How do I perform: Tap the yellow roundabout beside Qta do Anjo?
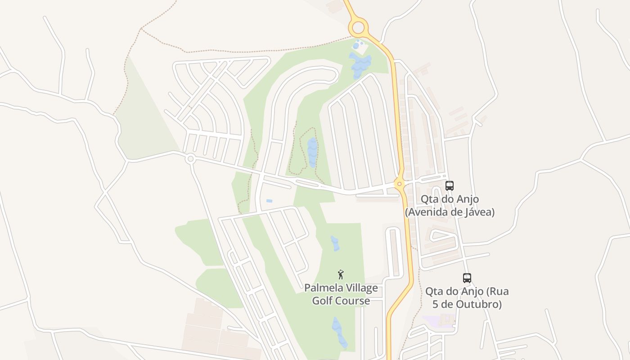(x=399, y=184)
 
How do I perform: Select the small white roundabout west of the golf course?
(x=190, y=158)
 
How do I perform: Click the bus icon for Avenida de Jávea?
(x=449, y=185)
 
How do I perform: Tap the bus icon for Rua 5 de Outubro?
(x=467, y=278)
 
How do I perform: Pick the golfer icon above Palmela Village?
(x=341, y=274)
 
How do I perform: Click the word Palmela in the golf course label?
(x=323, y=288)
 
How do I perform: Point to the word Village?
(x=360, y=288)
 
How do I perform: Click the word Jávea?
(x=479, y=212)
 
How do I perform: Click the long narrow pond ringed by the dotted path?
(x=312, y=152)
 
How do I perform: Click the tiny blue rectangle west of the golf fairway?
(x=269, y=201)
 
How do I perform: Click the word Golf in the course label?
(x=322, y=301)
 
